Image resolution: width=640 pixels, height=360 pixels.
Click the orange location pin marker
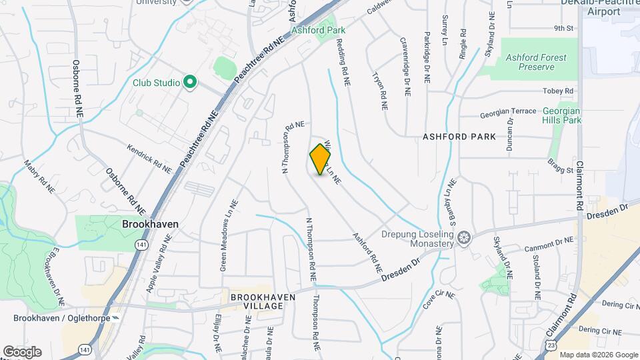click(321, 159)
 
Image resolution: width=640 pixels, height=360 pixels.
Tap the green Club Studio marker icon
click(190, 83)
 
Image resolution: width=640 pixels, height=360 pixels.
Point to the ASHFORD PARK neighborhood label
click(459, 137)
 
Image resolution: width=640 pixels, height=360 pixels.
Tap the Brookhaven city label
click(150, 225)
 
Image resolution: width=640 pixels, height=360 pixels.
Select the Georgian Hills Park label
click(561, 115)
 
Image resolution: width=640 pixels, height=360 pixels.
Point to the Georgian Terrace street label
click(508, 111)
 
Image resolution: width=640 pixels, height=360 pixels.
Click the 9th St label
click(563, 28)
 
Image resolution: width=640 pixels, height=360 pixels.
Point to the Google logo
click(21, 351)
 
